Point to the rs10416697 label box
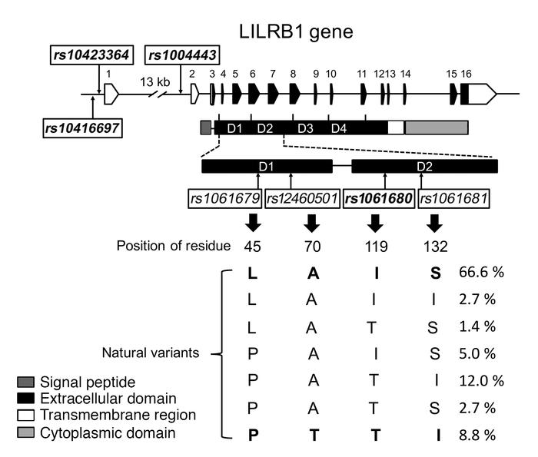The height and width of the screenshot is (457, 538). pyautogui.click(x=81, y=127)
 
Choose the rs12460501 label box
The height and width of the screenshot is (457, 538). pyautogui.click(x=302, y=199)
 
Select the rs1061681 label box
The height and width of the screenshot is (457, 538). pyautogui.click(x=454, y=199)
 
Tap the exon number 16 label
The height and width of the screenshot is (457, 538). pyautogui.click(x=466, y=73)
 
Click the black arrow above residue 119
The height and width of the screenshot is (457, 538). pyautogui.click(x=375, y=223)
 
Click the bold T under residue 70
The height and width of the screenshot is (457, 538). pyautogui.click(x=311, y=433)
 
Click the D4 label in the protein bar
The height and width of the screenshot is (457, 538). pyautogui.click(x=339, y=127)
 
